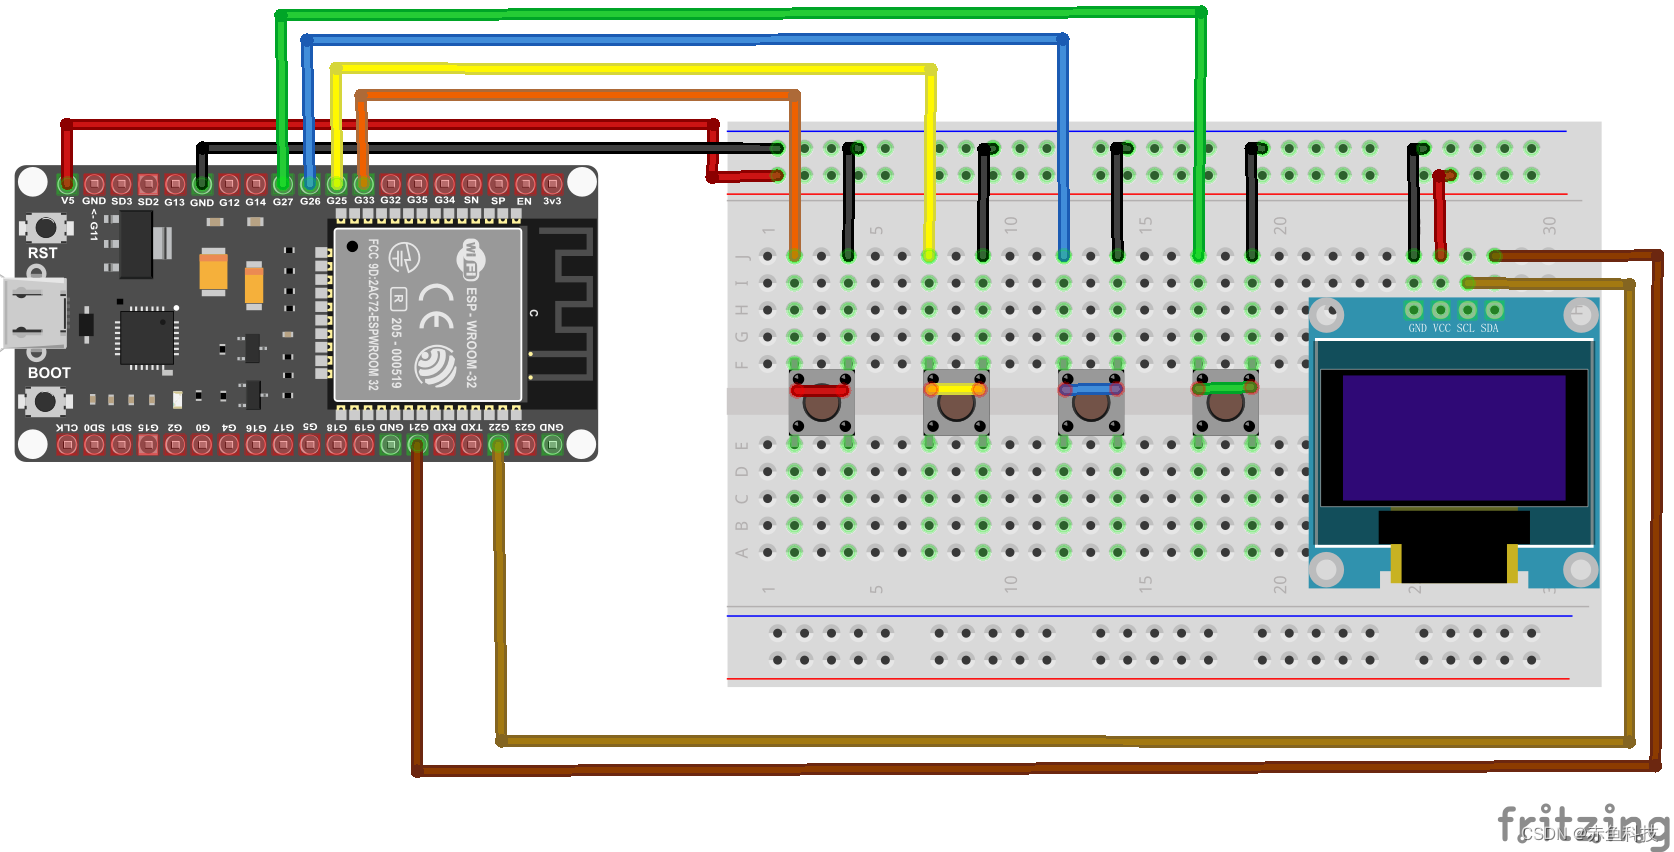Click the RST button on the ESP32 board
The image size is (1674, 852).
pyautogui.click(x=44, y=228)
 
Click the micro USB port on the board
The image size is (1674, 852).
pyautogui.click(x=34, y=313)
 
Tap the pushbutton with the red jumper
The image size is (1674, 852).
pyautogui.click(x=821, y=403)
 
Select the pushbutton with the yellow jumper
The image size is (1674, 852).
pyautogui.click(x=956, y=403)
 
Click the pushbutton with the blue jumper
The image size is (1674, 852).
pyautogui.click(x=1091, y=403)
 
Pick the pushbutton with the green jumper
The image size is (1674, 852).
pyautogui.click(x=1225, y=402)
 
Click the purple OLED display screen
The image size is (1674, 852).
pyautogui.click(x=1453, y=438)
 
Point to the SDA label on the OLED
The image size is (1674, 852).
pyautogui.click(x=1490, y=328)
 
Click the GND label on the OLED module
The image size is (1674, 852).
pyautogui.click(x=1417, y=328)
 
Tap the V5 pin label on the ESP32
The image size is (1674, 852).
pyautogui.click(x=67, y=201)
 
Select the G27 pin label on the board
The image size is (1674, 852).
pyautogui.click(x=283, y=201)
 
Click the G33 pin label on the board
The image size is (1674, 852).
pyautogui.click(x=364, y=201)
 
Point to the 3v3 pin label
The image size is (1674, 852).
pyautogui.click(x=552, y=201)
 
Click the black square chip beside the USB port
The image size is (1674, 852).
pyautogui.click(x=146, y=336)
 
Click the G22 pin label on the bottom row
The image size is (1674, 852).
pyautogui.click(x=498, y=427)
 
